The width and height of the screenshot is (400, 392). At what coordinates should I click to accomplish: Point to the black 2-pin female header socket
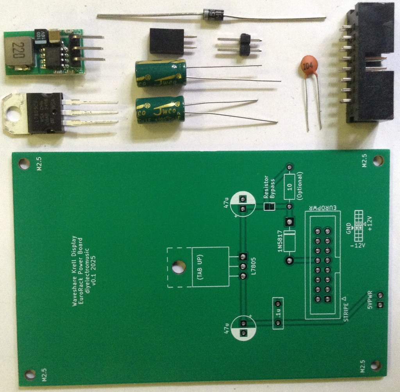tap(166, 41)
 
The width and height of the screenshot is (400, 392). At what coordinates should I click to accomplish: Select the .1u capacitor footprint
tap(278, 313)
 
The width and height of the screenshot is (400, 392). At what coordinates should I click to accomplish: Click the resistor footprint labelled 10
tap(289, 186)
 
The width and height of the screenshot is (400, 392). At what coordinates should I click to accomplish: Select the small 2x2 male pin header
tap(245, 44)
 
